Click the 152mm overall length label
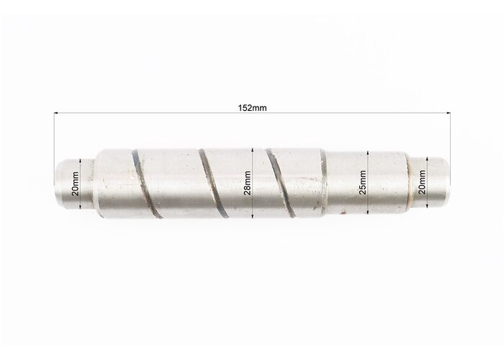pyautogui.click(x=252, y=108)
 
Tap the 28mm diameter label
pyautogui.click(x=248, y=183)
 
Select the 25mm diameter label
pyautogui.click(x=362, y=183)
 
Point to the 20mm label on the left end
pyautogui.click(x=75, y=184)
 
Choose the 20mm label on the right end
pyautogui.click(x=422, y=182)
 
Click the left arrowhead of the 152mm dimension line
pyautogui.click(x=56, y=113)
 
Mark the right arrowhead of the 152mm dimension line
pyautogui.click(x=448, y=113)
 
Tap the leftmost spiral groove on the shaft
pyautogui.click(x=145, y=184)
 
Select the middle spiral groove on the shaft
pyautogui.click(x=213, y=184)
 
